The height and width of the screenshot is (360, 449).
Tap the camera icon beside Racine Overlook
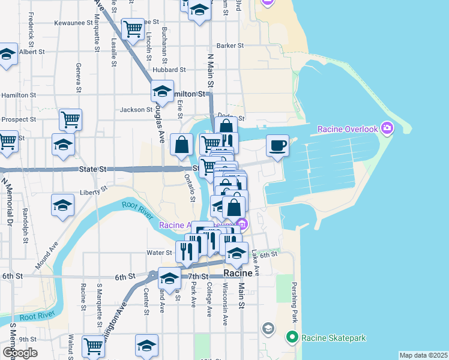tap(387, 128)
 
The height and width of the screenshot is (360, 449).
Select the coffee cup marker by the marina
tap(277, 146)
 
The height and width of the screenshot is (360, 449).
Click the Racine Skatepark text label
tap(334, 338)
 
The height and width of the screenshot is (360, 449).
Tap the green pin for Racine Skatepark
tap(292, 337)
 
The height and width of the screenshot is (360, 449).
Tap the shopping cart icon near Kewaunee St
tap(132, 28)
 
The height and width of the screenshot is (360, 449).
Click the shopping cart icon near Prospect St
tap(70, 119)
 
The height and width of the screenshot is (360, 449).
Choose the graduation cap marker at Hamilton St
tap(162, 91)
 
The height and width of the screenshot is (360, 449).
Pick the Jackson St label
tap(136, 110)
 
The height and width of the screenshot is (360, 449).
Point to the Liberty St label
tap(93, 191)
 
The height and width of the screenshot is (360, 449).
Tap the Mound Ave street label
tap(46, 254)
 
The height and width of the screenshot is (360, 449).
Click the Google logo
tap(20, 352)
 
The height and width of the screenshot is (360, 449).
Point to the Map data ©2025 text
tap(423, 355)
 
